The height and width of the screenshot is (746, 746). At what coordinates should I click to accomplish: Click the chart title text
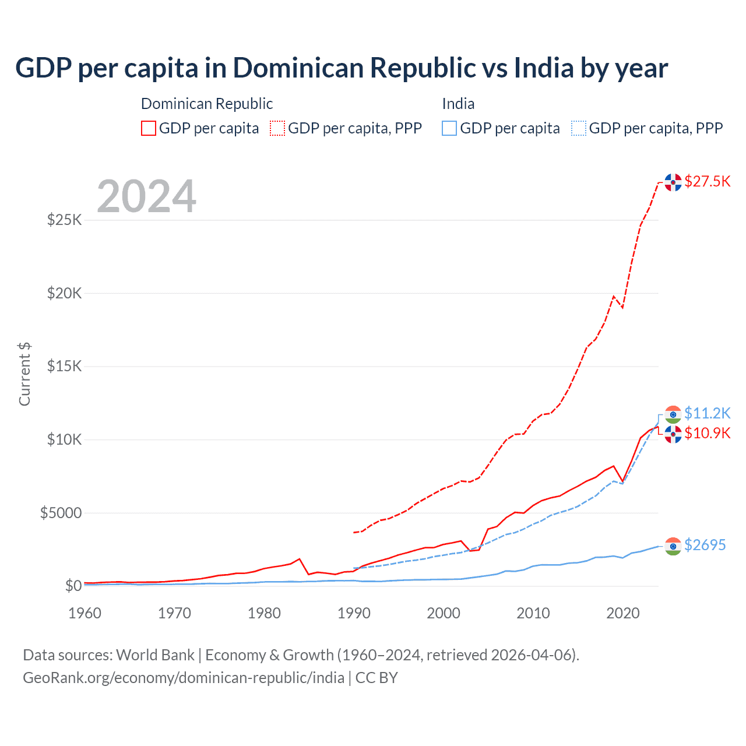click(342, 68)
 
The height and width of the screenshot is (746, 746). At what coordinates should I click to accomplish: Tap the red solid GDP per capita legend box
click(149, 128)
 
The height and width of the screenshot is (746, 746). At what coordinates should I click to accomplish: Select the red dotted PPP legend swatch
click(277, 128)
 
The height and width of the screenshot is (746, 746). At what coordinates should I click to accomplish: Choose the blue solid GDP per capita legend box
click(449, 128)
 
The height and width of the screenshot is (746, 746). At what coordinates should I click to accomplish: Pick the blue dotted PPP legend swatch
click(579, 128)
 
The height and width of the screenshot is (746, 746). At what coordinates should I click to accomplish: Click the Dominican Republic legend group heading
click(207, 104)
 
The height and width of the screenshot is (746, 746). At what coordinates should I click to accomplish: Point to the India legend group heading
click(458, 104)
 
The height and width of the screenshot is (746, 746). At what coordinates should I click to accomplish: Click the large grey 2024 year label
click(146, 196)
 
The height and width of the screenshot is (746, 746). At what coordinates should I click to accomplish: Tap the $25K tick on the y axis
click(64, 220)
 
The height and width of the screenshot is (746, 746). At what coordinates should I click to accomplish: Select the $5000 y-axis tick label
click(61, 513)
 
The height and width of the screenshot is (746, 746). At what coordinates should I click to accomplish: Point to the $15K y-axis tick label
click(64, 367)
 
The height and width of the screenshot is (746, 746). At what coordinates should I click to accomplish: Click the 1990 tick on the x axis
click(354, 613)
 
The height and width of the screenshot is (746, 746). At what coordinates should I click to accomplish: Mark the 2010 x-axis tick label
click(533, 613)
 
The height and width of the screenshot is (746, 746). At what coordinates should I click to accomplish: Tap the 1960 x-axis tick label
click(85, 613)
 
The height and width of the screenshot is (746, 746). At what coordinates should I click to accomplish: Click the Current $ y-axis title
click(24, 374)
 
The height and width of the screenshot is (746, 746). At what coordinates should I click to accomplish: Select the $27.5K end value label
click(707, 181)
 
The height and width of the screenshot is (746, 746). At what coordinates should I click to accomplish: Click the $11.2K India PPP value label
click(707, 413)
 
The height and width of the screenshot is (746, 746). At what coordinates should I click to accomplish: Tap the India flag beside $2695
click(673, 546)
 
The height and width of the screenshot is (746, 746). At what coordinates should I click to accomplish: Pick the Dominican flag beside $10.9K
click(673, 434)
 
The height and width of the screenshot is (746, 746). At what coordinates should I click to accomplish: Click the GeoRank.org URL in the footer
click(184, 678)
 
